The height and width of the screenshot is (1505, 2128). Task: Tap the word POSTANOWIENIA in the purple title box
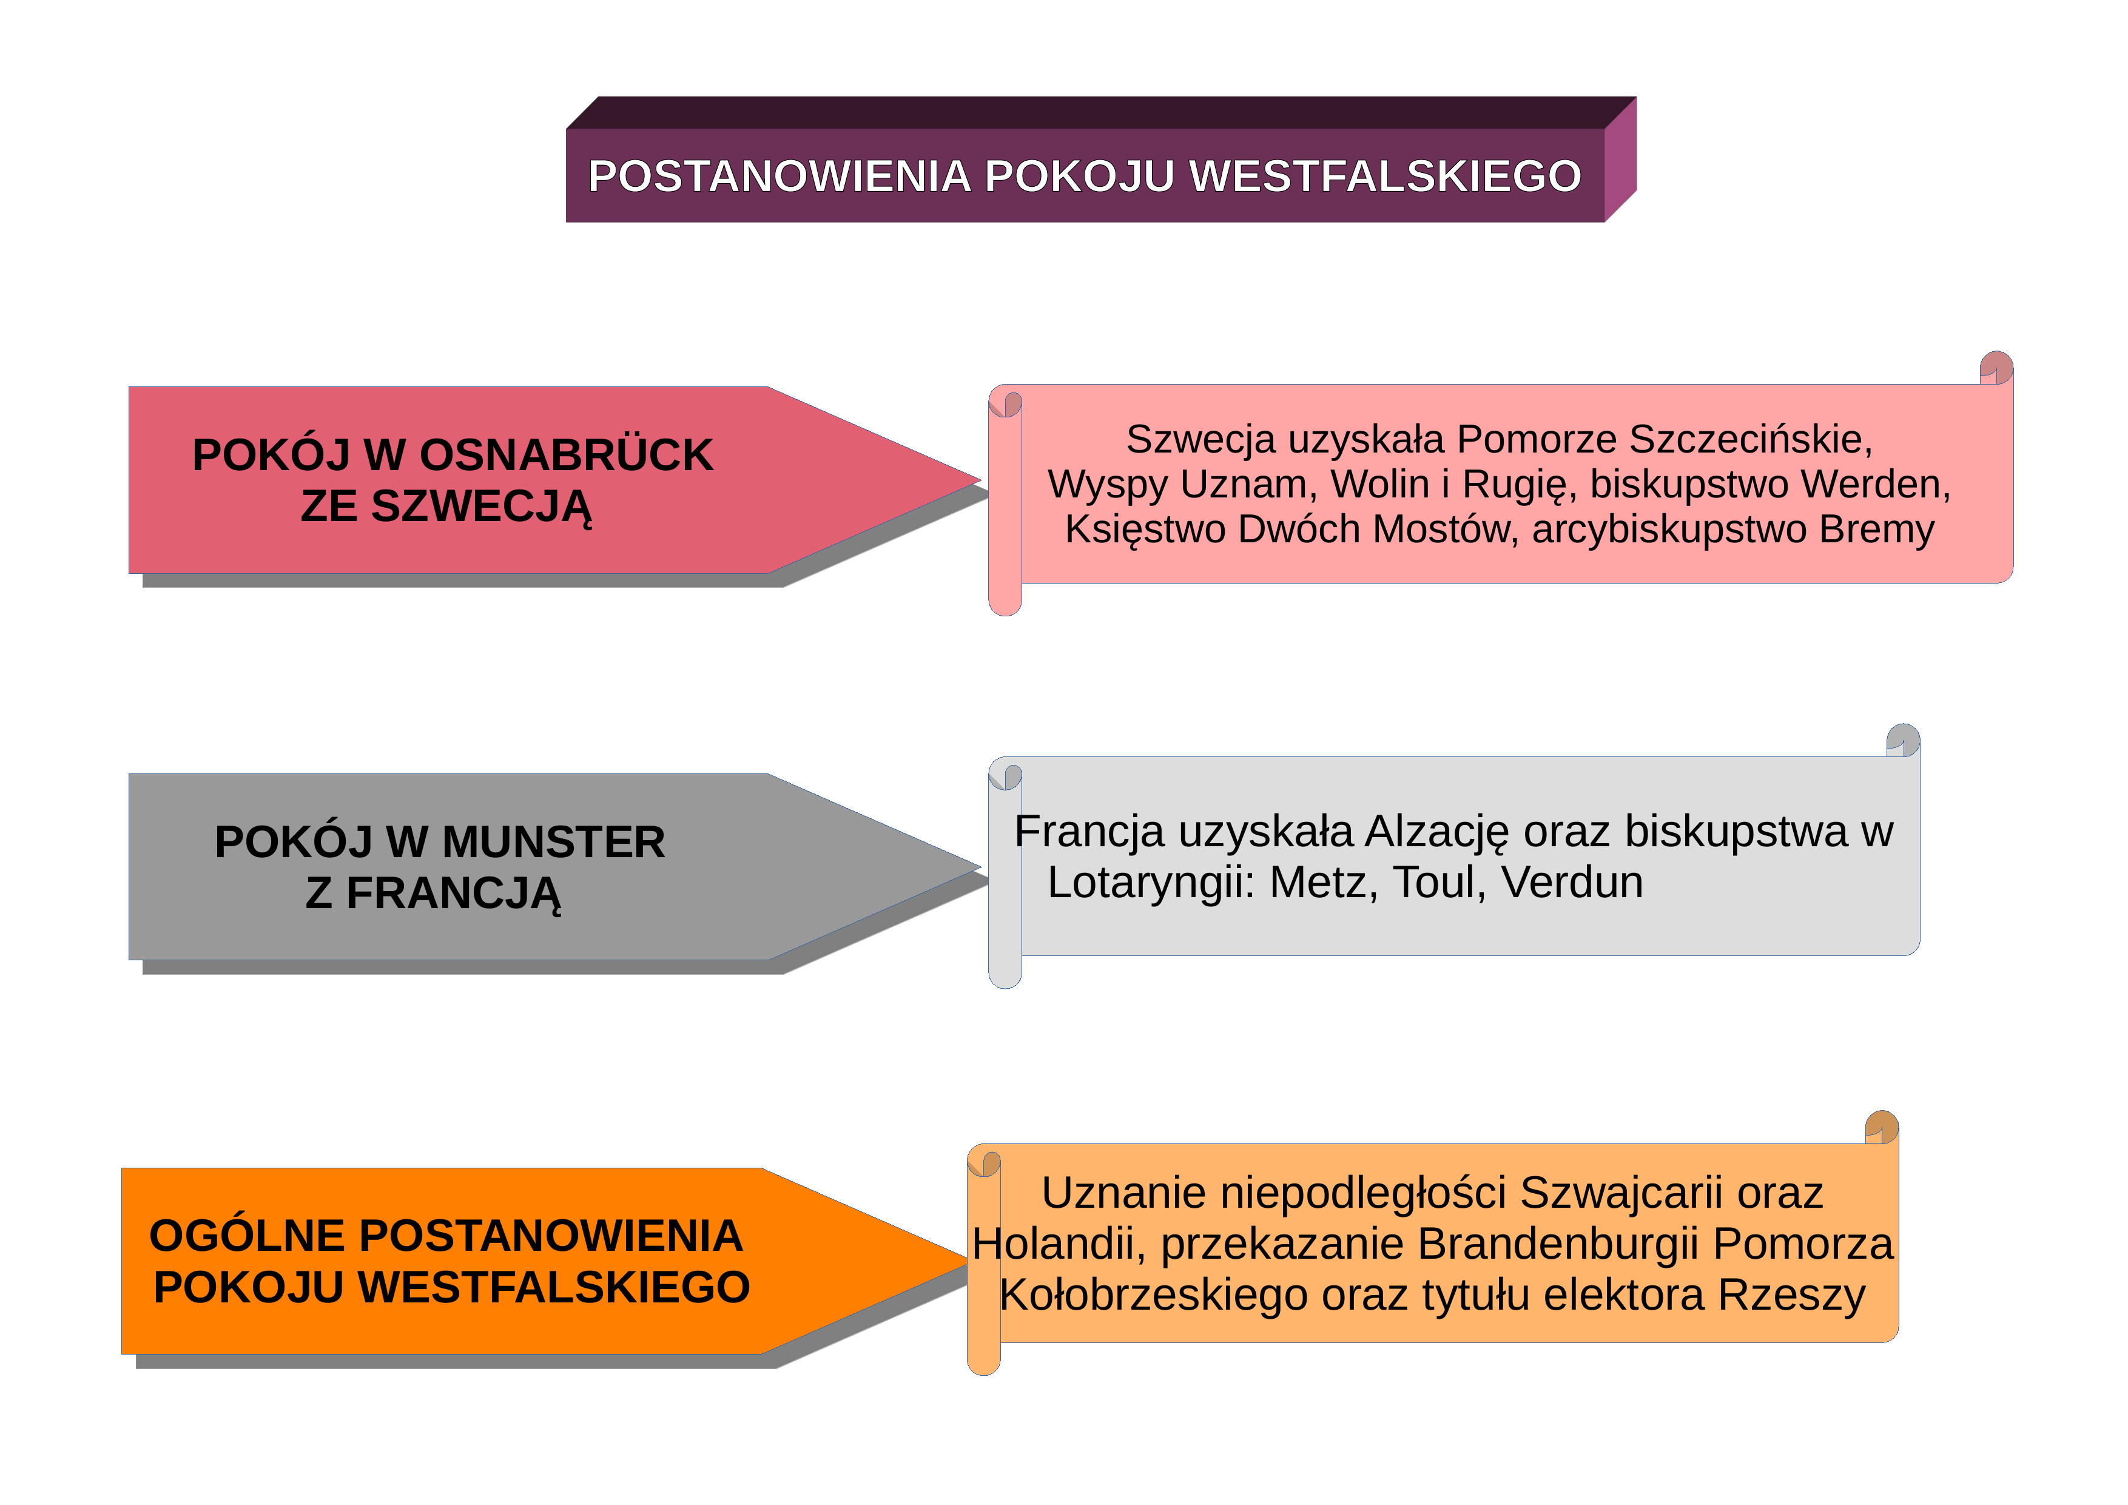click(x=779, y=176)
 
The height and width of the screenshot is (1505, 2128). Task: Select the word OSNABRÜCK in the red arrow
click(x=567, y=455)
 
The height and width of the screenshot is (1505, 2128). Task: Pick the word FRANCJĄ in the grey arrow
click(x=453, y=894)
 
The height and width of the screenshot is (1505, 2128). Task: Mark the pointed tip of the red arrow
click(x=980, y=480)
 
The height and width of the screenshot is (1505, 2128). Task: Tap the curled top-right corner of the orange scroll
click(x=1882, y=1127)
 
